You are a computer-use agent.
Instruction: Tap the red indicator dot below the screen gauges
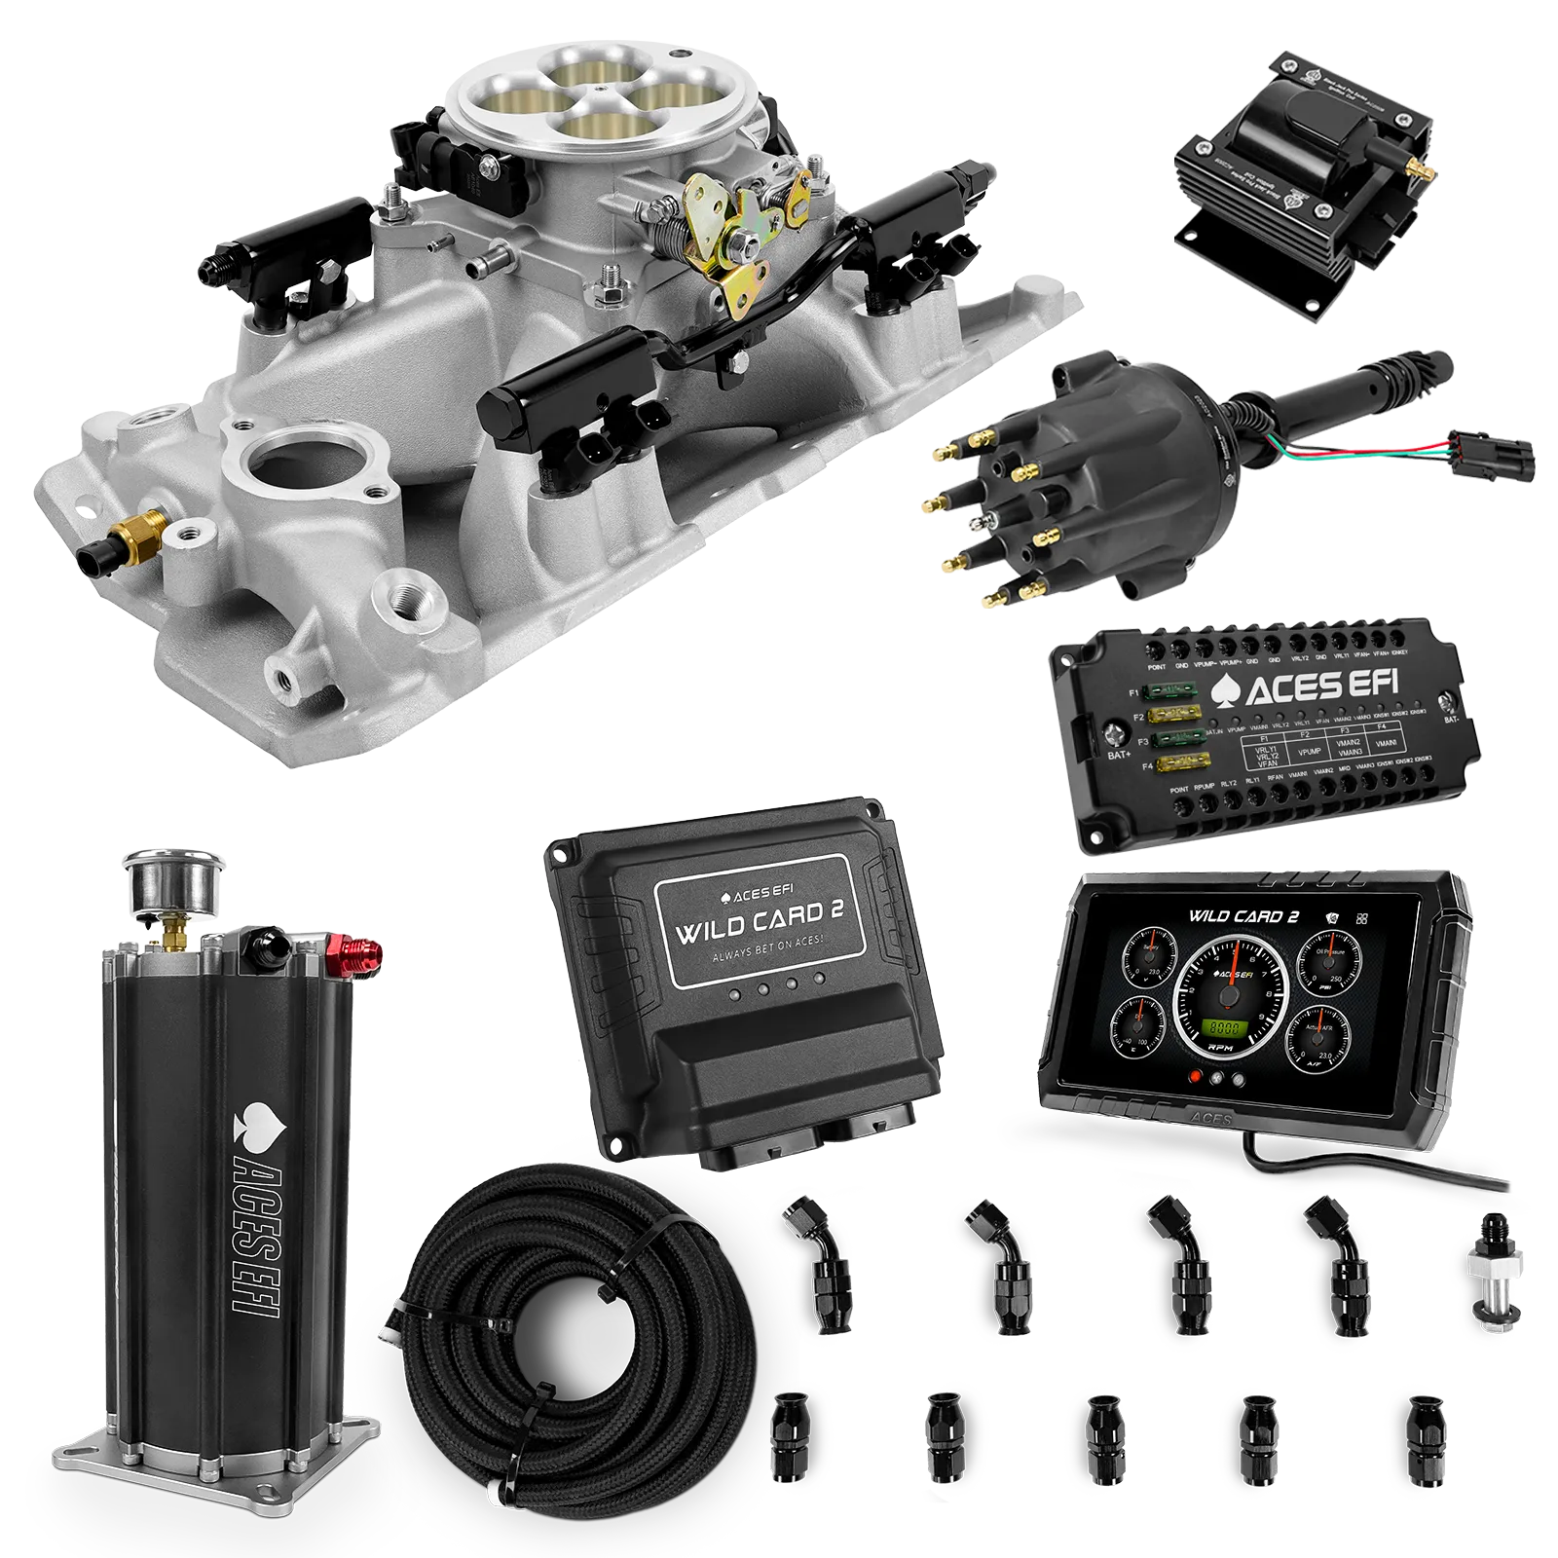[x=1194, y=1078]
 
